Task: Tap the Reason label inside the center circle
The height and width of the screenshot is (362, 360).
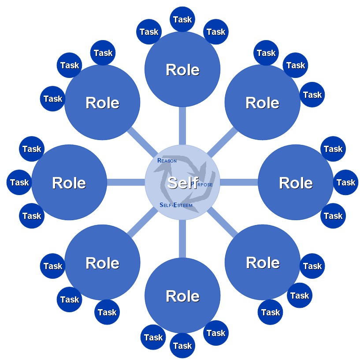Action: pos(167,161)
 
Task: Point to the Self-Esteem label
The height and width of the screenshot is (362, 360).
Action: pos(176,205)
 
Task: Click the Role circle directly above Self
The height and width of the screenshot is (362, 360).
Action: pos(182,70)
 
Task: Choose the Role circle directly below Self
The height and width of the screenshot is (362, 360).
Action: pos(182,296)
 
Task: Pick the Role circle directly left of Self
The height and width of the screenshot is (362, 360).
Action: pos(69,183)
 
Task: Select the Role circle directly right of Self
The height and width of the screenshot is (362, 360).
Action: pos(296,183)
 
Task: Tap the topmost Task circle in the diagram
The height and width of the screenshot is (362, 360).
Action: pos(182,19)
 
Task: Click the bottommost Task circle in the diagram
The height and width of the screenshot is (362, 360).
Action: pos(182,346)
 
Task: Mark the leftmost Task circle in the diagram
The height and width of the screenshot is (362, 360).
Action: pos(19,182)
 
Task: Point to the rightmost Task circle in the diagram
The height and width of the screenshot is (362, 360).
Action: pos(345,182)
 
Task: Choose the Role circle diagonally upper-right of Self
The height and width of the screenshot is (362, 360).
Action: pos(263,103)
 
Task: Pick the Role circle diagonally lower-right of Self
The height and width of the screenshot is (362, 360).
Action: pos(263,262)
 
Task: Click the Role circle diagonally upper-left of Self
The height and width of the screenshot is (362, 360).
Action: pos(102,103)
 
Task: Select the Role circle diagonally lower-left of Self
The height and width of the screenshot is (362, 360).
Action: pos(102,263)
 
